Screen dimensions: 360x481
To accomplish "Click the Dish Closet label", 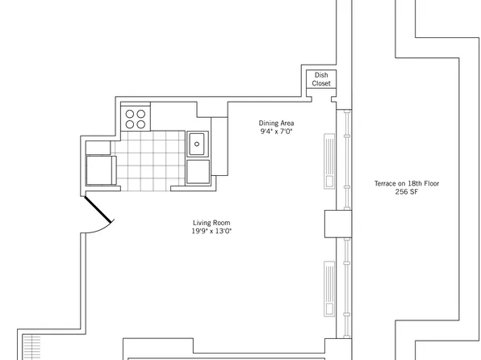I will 322,79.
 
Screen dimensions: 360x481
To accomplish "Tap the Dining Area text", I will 275,123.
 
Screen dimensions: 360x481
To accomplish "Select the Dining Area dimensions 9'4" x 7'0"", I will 275,131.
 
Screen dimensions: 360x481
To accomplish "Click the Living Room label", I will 212,223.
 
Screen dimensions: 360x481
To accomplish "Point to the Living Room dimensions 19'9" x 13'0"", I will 212,232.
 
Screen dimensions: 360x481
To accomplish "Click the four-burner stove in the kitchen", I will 136,118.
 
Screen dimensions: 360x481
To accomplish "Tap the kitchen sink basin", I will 198,144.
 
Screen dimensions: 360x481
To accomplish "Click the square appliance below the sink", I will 198,171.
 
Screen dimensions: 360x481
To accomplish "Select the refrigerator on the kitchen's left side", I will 101,169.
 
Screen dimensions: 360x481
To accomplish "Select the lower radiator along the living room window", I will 330,287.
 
